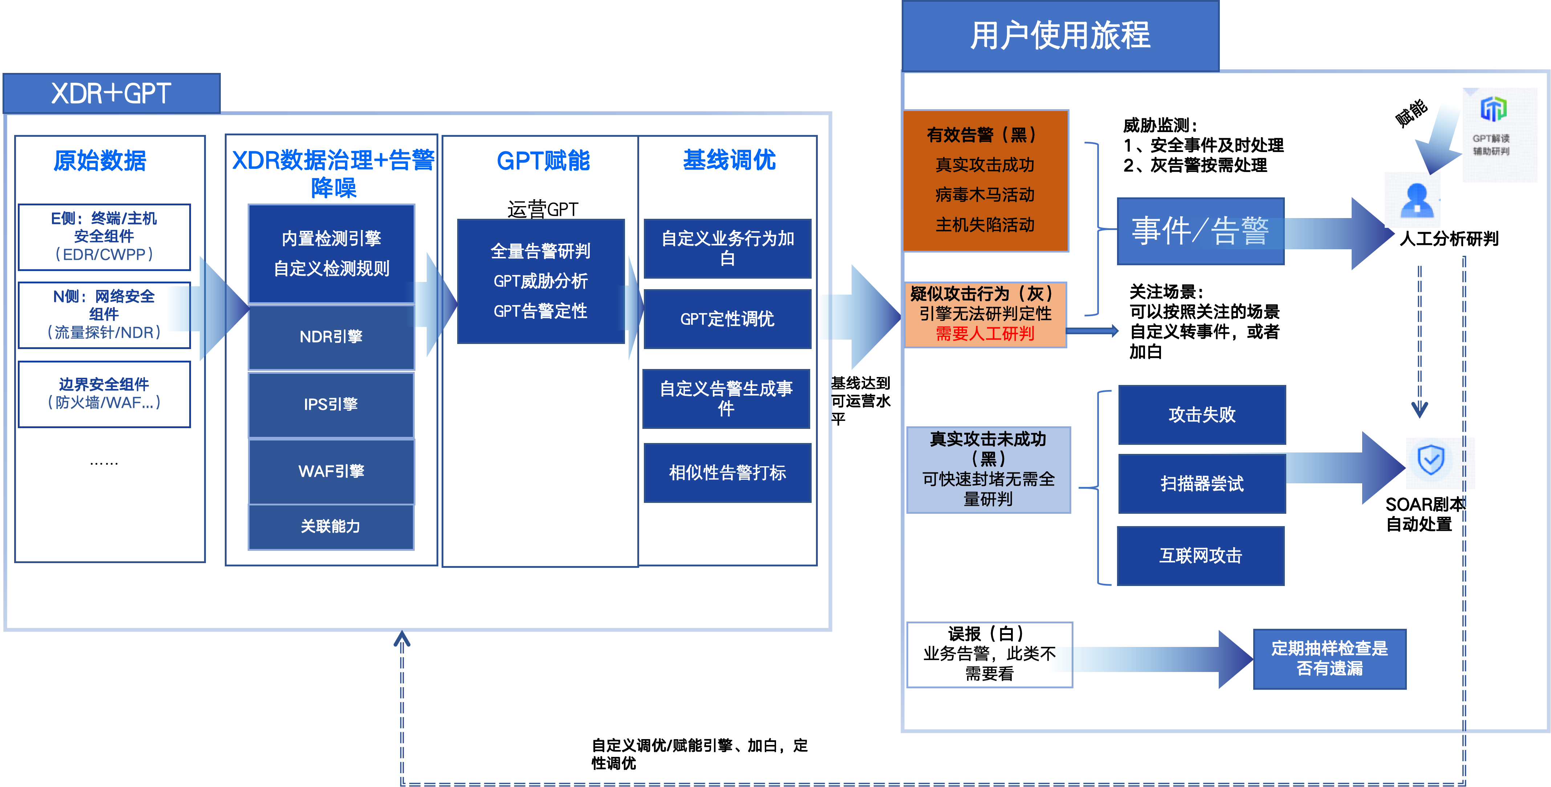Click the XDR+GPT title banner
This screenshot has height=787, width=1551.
112,93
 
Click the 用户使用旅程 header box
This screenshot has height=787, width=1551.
1060,36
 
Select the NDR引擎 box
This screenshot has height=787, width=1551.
331,337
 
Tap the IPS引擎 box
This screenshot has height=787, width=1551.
331,404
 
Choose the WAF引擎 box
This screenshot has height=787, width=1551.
331,471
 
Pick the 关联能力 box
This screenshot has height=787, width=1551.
331,526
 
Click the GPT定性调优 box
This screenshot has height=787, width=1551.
727,319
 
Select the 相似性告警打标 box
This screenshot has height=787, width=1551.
727,473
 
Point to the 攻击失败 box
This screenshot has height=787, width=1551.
1202,415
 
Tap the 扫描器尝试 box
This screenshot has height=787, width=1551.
1202,484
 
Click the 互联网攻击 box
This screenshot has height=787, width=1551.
1201,556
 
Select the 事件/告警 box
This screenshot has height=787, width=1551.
1201,231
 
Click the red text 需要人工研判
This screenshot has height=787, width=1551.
985,334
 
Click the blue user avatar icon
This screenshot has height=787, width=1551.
1413,200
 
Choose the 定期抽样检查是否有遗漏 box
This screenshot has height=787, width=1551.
1329,659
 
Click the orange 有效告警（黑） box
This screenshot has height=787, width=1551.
986,180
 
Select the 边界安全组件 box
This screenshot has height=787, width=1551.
104,394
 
